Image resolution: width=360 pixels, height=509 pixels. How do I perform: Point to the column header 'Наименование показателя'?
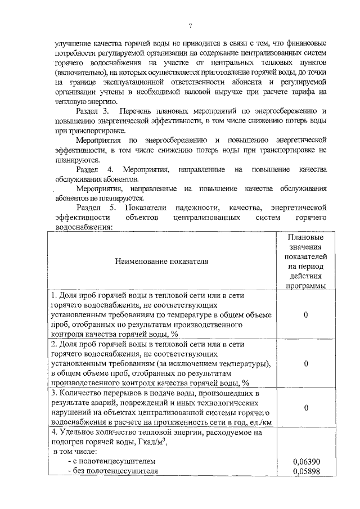[x=161, y=261]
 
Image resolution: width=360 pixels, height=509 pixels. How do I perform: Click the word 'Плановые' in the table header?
[x=305, y=237]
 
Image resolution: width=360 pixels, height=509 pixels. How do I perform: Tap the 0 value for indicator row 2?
[x=305, y=364]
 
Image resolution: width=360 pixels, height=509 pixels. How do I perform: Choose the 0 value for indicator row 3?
[x=305, y=407]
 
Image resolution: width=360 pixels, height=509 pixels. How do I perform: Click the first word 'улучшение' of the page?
[x=73, y=43]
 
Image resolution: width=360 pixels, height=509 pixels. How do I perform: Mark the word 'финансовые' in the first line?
[x=306, y=43]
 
